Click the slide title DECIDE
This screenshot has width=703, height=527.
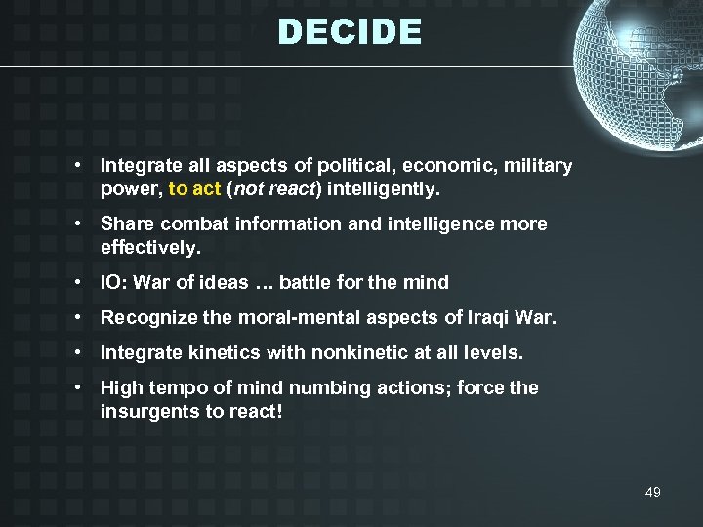coord(350,32)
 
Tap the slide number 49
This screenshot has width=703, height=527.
coord(652,492)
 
